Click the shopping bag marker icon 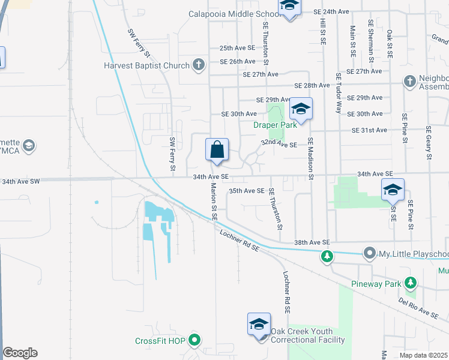(x=217, y=149)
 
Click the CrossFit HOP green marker (x=194, y=341)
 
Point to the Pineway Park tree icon (x=411, y=281)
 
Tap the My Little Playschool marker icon (x=369, y=254)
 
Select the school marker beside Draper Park (x=300, y=109)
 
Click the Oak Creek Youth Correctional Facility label (x=308, y=335)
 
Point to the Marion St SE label (x=214, y=201)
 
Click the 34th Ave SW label (x=21, y=181)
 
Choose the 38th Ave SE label (x=312, y=242)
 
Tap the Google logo (x=20, y=353)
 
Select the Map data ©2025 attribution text (x=424, y=355)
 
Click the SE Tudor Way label (x=339, y=93)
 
